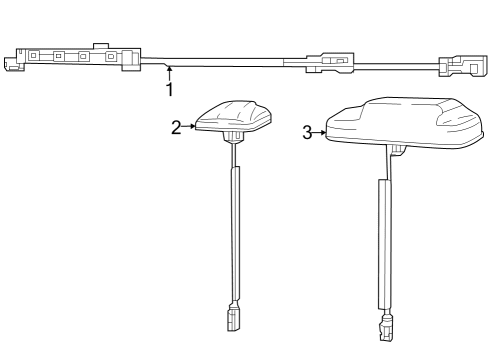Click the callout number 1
(169, 89)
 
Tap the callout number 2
(176, 127)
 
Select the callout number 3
(308, 131)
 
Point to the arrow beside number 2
(188, 127)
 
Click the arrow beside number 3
(320, 131)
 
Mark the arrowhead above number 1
(170, 69)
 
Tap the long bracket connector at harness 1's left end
(70, 58)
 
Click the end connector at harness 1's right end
(461, 67)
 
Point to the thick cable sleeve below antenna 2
(236, 231)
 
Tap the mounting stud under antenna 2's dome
(233, 140)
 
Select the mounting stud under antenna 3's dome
(398, 151)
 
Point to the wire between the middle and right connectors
(395, 67)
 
